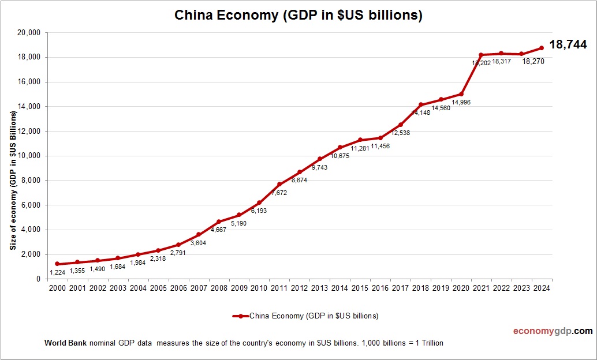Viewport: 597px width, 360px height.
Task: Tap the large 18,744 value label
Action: click(568, 44)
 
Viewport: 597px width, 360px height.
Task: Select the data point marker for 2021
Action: click(480, 55)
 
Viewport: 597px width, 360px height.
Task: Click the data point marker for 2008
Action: click(218, 222)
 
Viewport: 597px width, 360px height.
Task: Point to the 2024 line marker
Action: click(542, 48)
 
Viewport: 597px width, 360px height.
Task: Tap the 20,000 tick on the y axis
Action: click(29, 33)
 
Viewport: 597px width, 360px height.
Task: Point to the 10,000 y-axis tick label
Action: click(29, 156)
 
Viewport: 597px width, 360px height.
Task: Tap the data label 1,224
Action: click(57, 272)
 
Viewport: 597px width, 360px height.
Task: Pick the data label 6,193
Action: click(259, 211)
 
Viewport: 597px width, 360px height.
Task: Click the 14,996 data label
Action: click(460, 102)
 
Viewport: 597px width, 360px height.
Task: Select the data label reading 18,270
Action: click(533, 61)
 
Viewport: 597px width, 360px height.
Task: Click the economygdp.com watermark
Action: click(553, 331)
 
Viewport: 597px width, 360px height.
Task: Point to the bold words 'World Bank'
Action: click(65, 343)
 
